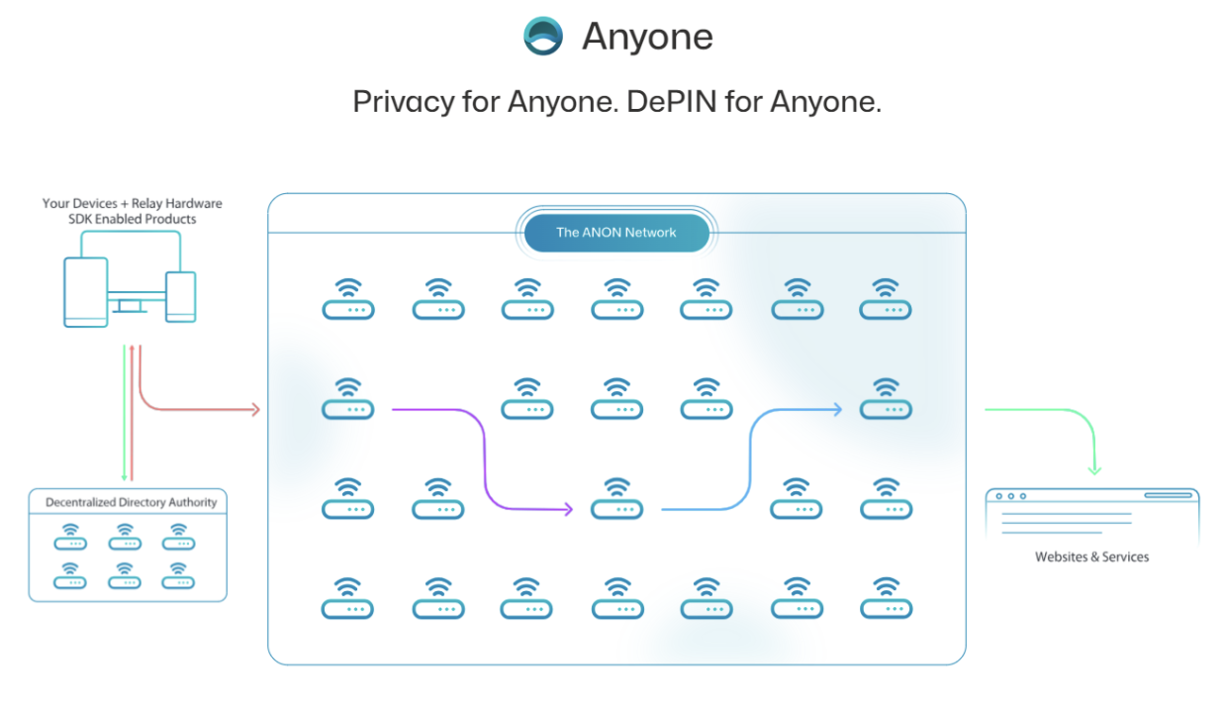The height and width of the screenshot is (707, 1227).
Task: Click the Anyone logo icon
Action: click(x=543, y=37)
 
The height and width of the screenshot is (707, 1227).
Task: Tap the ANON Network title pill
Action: click(x=615, y=233)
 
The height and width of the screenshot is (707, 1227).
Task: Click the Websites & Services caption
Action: click(x=1091, y=556)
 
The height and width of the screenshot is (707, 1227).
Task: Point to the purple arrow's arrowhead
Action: click(x=568, y=510)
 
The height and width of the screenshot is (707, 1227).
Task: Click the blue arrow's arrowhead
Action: click(x=837, y=409)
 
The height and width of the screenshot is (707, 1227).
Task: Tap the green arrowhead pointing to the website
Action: click(x=1094, y=469)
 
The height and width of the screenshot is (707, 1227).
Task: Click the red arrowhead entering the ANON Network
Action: click(x=254, y=409)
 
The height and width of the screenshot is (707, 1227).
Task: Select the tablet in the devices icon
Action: click(x=85, y=291)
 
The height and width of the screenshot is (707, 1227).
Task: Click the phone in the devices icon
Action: click(x=180, y=296)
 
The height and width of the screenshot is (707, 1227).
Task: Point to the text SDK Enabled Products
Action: click(x=132, y=219)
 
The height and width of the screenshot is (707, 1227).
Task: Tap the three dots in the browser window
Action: click(x=1010, y=496)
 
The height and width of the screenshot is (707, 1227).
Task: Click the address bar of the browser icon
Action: click(x=1167, y=495)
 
